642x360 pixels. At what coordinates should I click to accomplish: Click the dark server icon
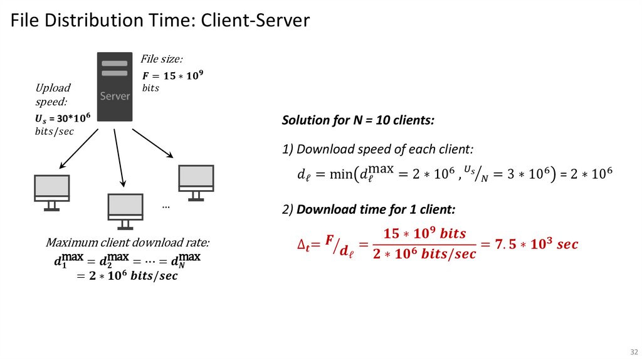[115, 87]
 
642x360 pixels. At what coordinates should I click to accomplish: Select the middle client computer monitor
[126, 209]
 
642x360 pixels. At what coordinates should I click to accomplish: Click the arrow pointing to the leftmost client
[78, 148]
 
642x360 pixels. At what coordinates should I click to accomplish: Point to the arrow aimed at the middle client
[119, 157]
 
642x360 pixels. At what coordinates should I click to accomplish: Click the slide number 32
[633, 351]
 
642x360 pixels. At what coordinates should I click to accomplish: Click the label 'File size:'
[162, 60]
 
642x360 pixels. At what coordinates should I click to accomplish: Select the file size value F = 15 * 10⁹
[173, 75]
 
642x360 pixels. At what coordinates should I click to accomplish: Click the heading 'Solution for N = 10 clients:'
[358, 120]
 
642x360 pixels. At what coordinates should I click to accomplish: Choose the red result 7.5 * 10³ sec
[536, 244]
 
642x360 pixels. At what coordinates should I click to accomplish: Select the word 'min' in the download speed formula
[341, 174]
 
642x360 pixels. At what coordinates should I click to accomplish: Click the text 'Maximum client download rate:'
[128, 243]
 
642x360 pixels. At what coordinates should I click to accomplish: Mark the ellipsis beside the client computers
[166, 206]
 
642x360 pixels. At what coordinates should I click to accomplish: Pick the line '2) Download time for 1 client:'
[369, 209]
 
